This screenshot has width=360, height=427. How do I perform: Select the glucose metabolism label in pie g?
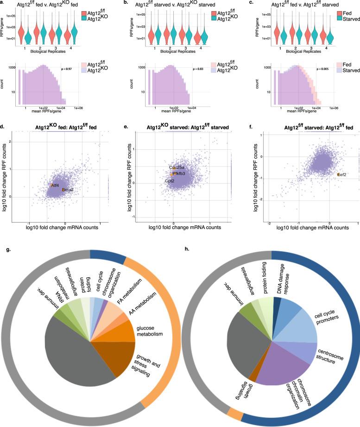pyautogui.click(x=149, y=326)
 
